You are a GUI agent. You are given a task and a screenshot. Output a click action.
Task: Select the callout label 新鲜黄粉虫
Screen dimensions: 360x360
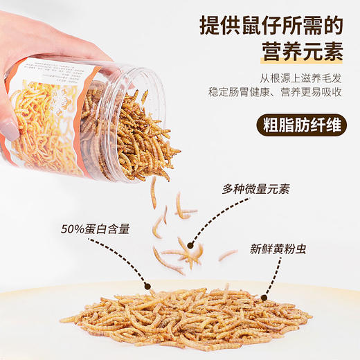click(x=285, y=247)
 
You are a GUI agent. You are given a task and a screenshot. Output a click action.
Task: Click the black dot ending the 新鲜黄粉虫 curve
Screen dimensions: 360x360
click(x=263, y=299)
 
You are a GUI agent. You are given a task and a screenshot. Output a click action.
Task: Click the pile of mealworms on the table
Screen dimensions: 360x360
click(x=187, y=318)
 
